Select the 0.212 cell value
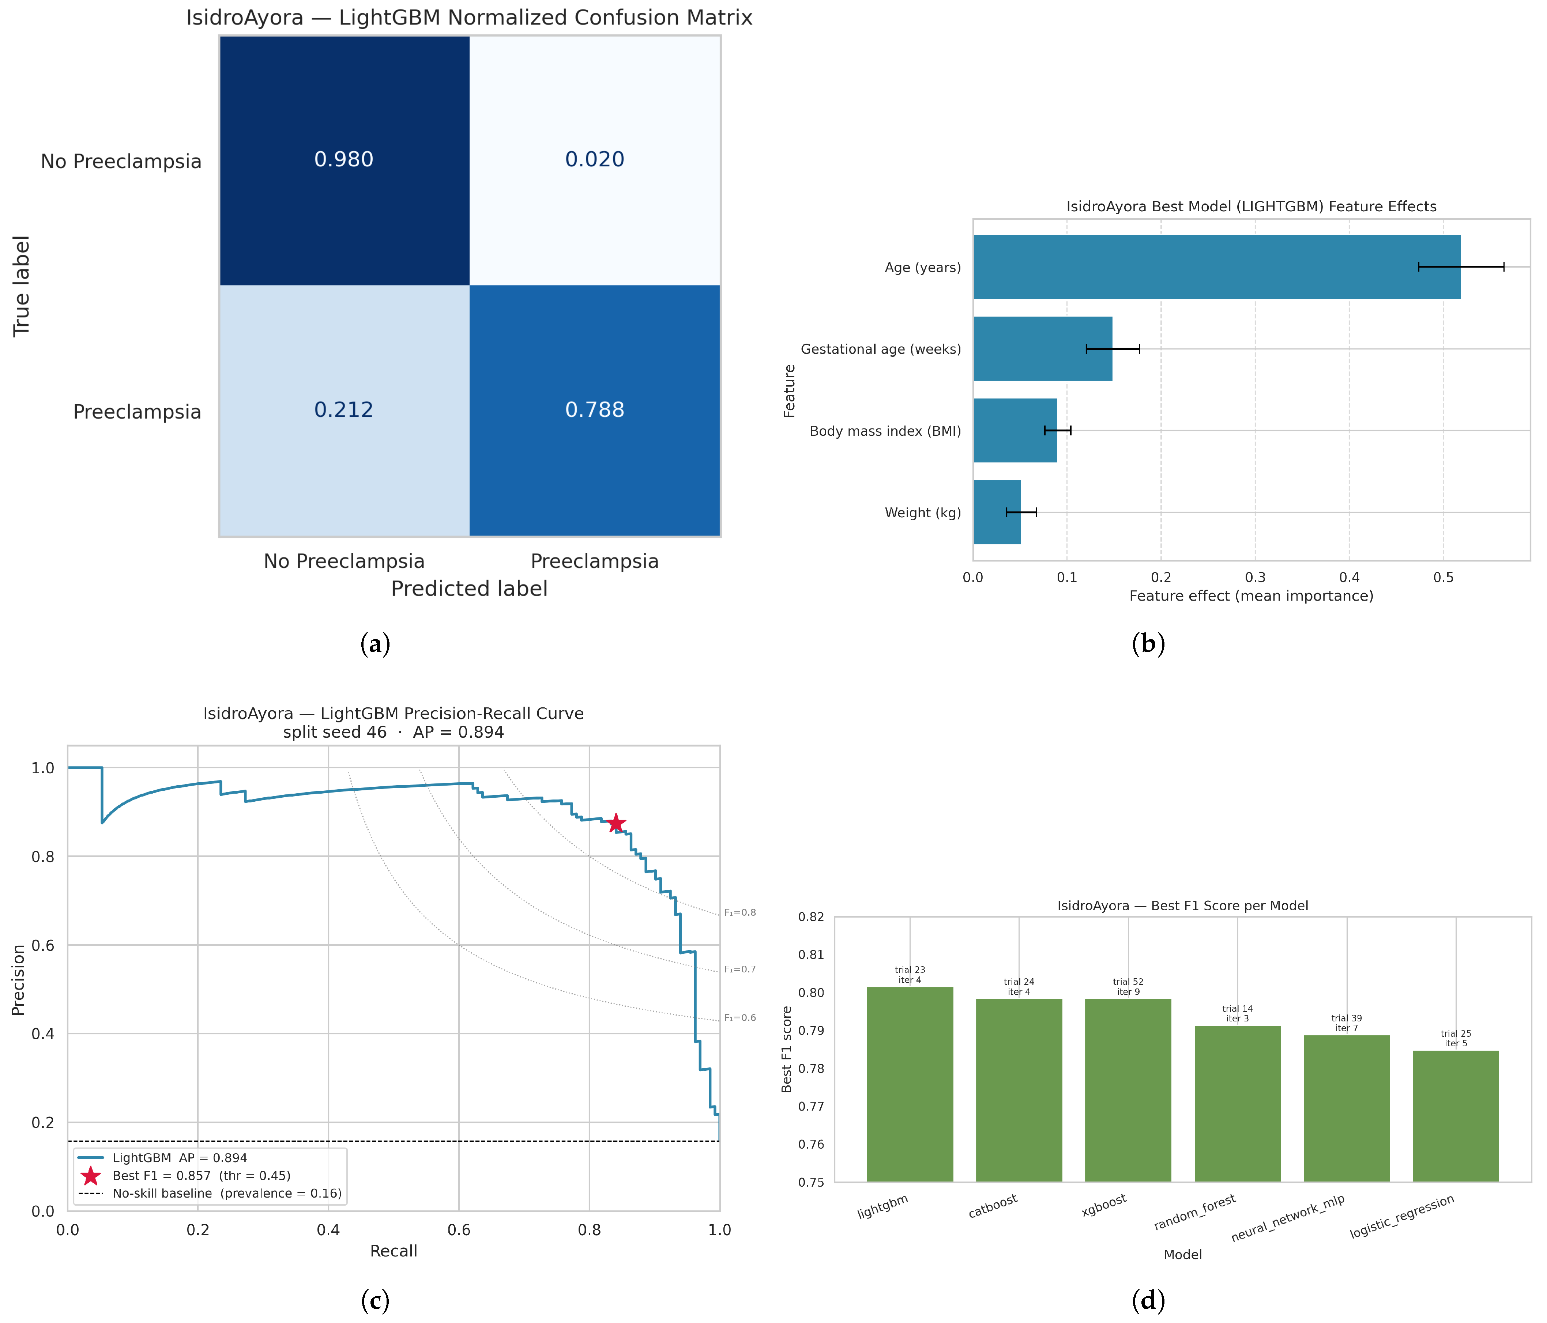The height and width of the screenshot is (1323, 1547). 343,410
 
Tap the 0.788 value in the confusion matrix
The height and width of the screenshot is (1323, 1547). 594,410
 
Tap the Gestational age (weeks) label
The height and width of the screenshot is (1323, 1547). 881,349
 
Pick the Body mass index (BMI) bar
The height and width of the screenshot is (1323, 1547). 1015,431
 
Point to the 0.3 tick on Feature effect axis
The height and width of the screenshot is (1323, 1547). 1255,578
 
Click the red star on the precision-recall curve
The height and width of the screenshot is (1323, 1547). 616,823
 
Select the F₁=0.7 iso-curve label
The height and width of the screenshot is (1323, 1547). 740,969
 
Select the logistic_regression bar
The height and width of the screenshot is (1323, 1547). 1456,1116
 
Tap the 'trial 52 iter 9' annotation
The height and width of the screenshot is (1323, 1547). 1128,986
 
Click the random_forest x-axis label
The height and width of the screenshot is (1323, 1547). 1194,1212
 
